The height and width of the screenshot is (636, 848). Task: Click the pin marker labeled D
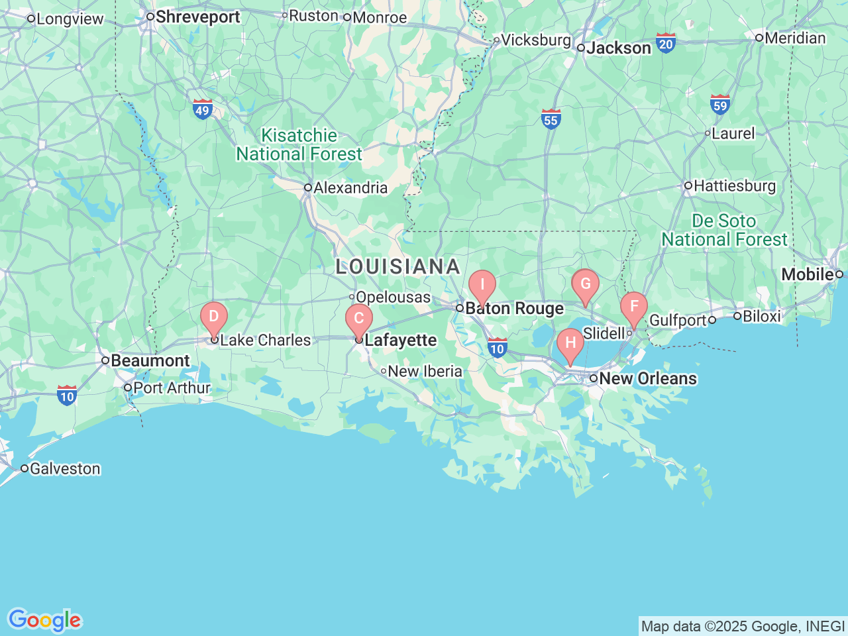pos(214,317)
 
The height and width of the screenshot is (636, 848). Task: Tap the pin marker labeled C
pos(359,319)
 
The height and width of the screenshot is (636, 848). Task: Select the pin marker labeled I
pos(482,285)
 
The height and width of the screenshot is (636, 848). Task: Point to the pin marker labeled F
pos(634,307)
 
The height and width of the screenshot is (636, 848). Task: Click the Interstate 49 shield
pos(203,109)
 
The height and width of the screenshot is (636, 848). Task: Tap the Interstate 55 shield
pos(551,119)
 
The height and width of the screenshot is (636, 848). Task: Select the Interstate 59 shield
pos(720,105)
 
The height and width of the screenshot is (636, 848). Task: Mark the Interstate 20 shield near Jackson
pos(666,44)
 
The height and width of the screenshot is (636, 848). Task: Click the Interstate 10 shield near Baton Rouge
pos(497,348)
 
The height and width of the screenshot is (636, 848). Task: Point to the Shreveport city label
pos(197,17)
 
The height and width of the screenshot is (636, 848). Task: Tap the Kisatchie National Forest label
pos(299,144)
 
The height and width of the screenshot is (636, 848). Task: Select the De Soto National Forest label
pos(724,230)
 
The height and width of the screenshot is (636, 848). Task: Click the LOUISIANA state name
pos(397,266)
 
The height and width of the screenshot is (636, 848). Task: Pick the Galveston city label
pos(65,468)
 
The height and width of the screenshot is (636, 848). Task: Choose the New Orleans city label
pos(647,378)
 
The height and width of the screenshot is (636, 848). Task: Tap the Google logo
pos(44,620)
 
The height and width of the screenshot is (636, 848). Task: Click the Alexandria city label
pos(350,187)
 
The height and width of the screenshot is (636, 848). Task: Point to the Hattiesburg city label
pos(734,185)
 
